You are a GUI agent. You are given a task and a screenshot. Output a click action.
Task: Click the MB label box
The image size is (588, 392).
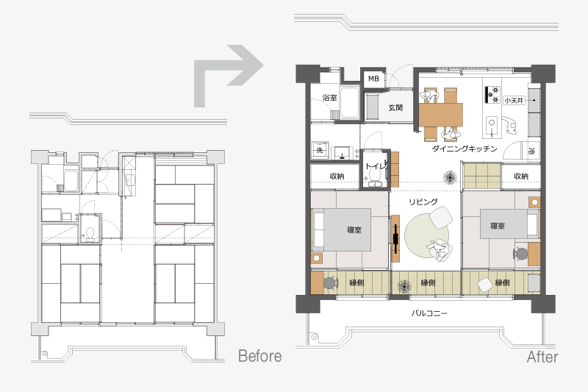(373, 79)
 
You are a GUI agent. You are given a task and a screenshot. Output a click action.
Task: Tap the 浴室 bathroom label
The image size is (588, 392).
(329, 98)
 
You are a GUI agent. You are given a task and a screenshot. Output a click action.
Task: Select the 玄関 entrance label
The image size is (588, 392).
(395, 107)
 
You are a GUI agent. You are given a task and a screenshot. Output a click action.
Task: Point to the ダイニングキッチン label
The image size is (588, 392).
(465, 149)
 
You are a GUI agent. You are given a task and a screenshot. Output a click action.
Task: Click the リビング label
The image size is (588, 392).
(423, 202)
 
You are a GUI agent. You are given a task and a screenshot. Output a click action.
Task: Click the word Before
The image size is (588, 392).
(260, 356)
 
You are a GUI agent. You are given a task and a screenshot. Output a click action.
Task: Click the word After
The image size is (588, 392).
(542, 357)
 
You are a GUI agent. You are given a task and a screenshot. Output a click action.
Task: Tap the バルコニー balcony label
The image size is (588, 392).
(429, 313)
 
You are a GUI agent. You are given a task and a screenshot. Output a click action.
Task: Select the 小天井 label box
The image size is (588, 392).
(514, 101)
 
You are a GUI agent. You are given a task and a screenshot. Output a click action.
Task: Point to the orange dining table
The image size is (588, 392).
(440, 115)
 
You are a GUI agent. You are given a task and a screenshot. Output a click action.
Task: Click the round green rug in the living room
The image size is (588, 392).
(427, 235)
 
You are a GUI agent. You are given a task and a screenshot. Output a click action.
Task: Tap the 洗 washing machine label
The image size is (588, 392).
(320, 150)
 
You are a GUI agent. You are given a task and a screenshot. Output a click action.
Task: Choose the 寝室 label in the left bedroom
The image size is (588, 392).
(354, 229)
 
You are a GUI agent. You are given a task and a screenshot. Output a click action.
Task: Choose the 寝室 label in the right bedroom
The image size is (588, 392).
(498, 226)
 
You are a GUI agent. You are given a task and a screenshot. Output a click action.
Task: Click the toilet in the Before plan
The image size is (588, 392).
(90, 234)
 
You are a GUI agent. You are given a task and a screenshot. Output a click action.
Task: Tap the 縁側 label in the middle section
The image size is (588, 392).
(428, 282)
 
